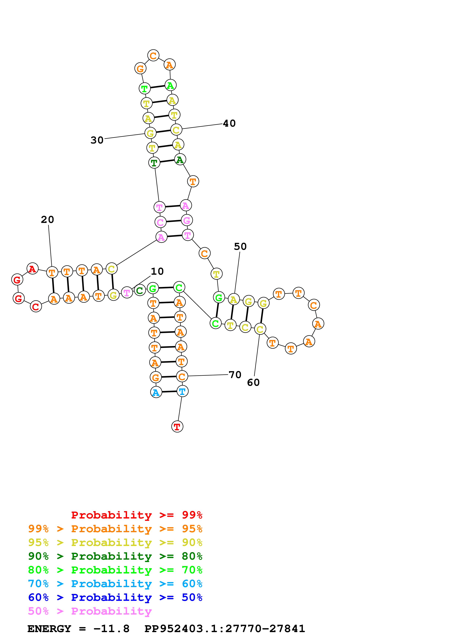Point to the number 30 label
(x=97, y=140)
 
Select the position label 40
(x=229, y=123)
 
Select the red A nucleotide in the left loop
(x=32, y=269)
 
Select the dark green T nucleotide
(x=154, y=163)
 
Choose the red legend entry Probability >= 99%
(x=136, y=515)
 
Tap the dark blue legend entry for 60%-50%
(x=115, y=597)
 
